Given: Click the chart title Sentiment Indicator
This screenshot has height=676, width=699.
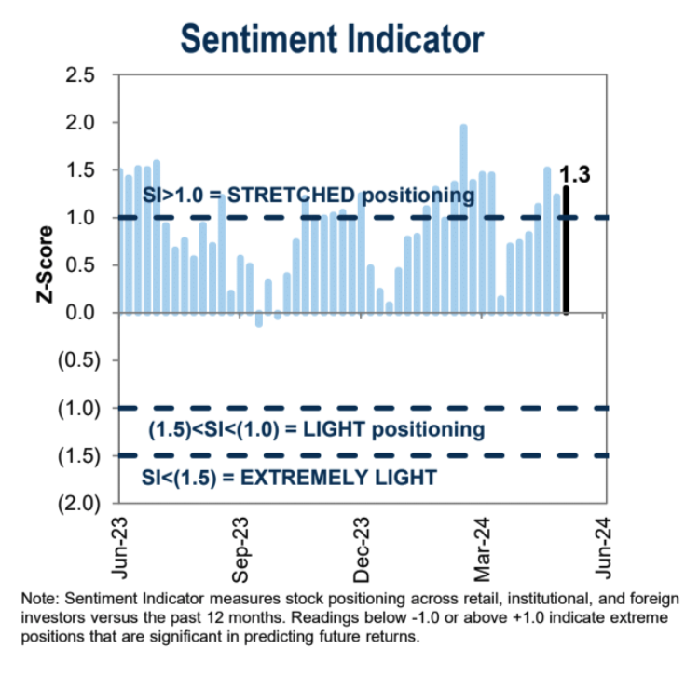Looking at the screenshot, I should (332, 40).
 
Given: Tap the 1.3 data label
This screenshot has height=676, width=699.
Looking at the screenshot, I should (575, 173).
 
